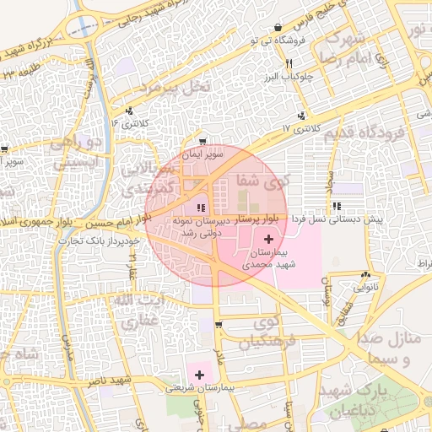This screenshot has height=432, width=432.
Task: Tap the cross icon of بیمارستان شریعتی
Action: [x=200, y=375]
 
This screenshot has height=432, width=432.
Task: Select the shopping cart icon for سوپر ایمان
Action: [x=202, y=142]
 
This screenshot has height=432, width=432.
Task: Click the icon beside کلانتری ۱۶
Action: [x=129, y=111]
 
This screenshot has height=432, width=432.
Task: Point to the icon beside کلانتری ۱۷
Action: [x=301, y=116]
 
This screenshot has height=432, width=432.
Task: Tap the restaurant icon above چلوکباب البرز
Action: [x=289, y=64]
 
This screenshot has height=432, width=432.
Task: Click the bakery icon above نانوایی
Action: [x=365, y=275]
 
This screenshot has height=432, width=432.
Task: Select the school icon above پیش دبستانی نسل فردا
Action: [x=337, y=206]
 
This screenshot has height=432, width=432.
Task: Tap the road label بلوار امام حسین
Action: [x=115, y=223]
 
